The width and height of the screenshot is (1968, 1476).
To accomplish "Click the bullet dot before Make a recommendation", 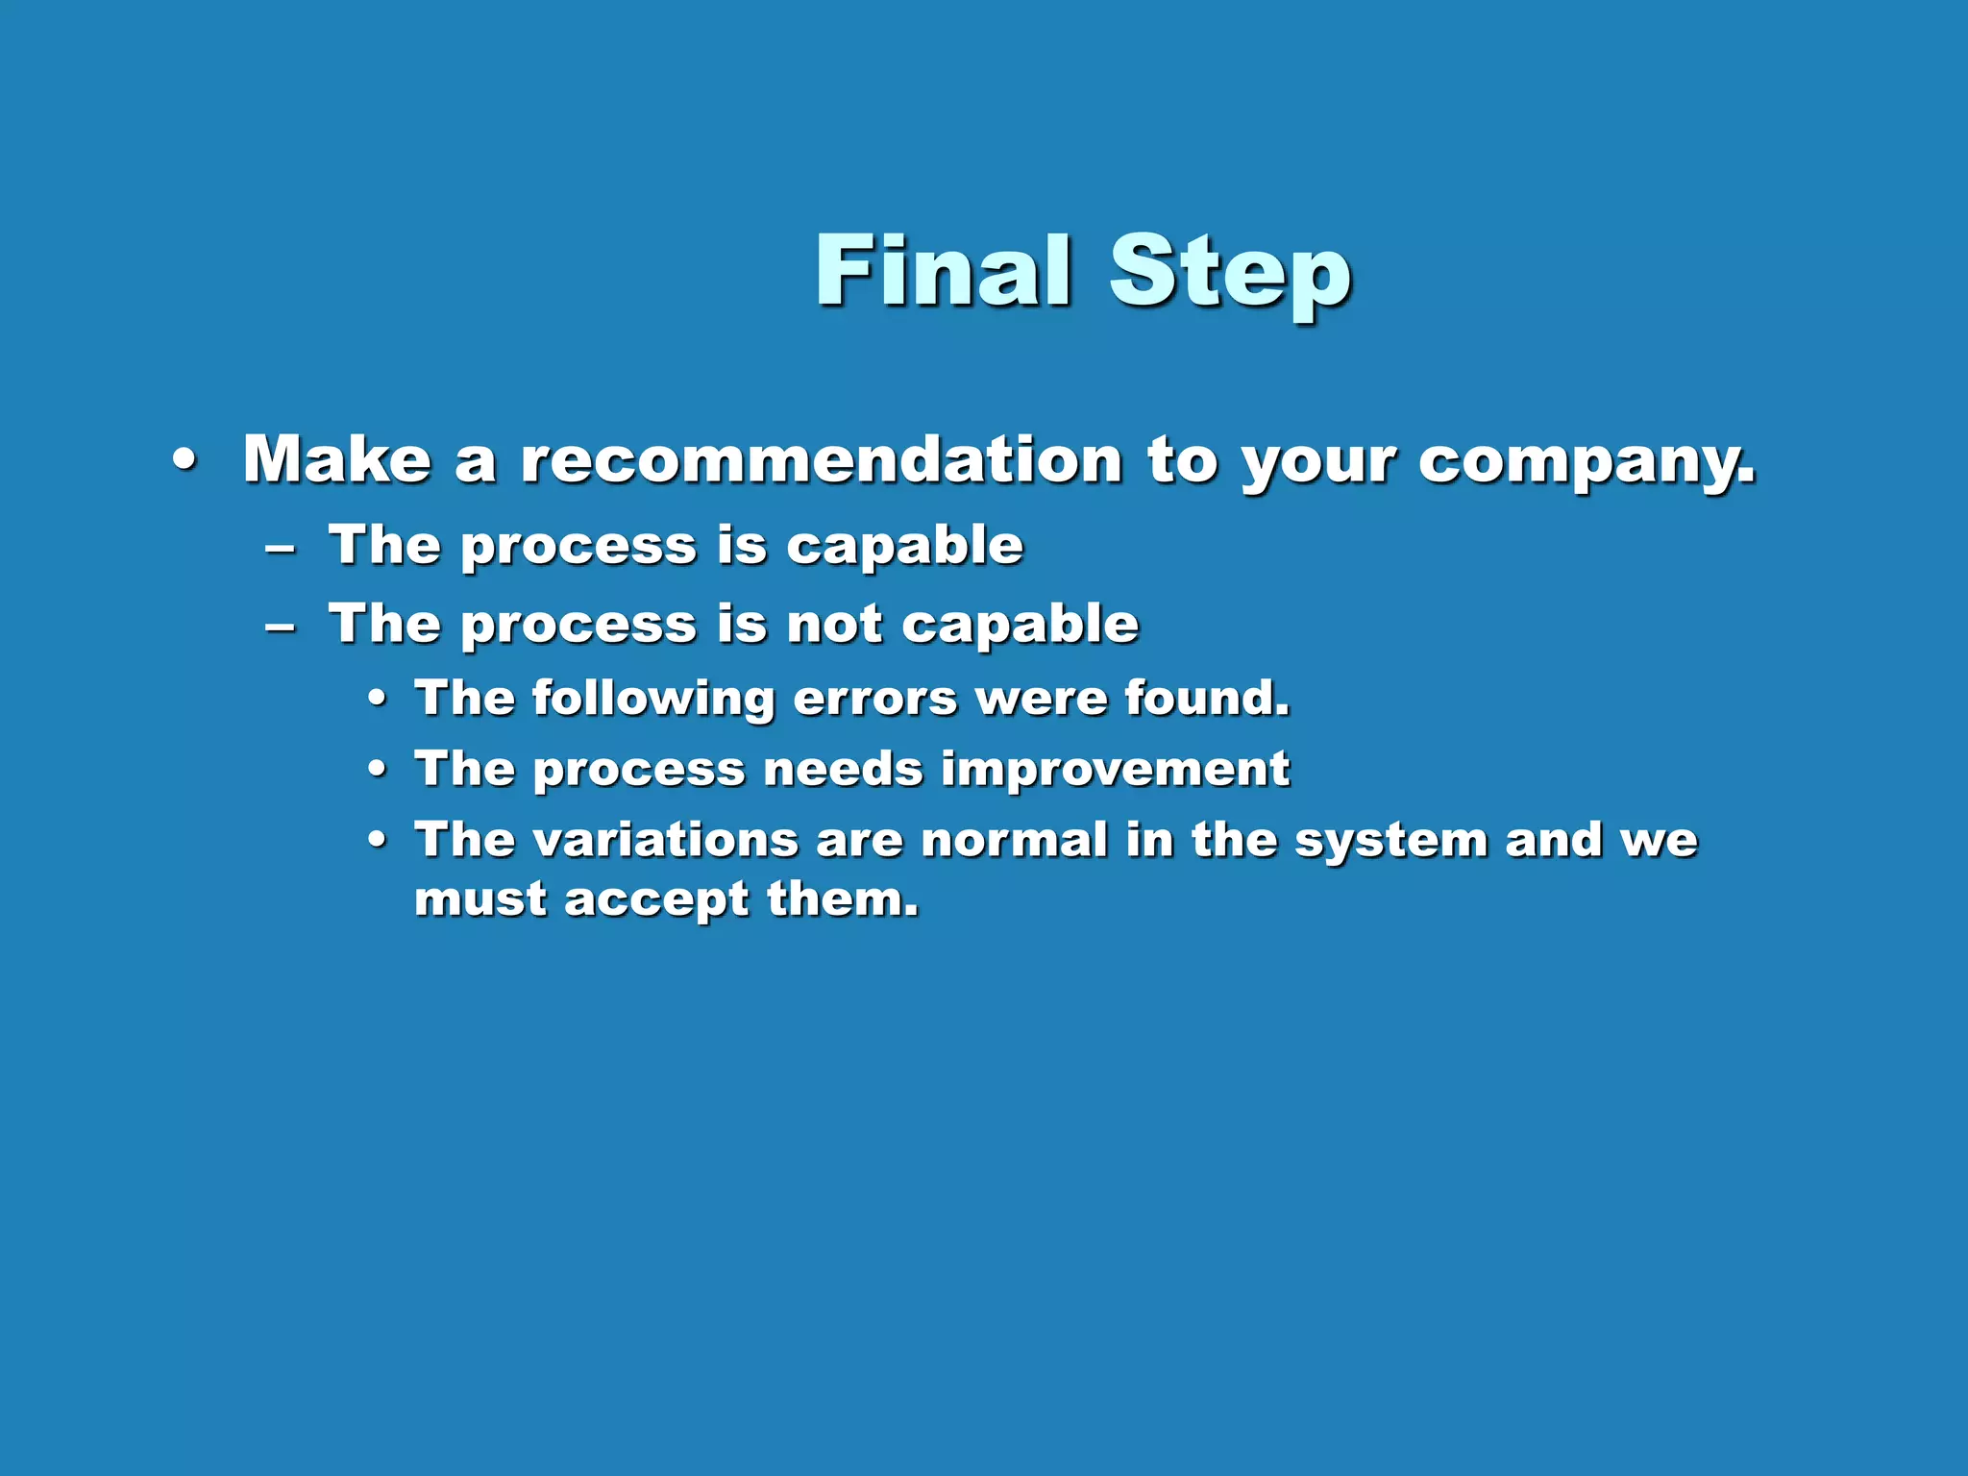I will click(184, 460).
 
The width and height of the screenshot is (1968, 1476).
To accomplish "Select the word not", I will click(833, 625).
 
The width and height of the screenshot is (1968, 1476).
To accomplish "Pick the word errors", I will click(875, 698).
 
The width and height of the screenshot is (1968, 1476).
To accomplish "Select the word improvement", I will click(1115, 769).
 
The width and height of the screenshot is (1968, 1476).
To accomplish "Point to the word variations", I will click(665, 840).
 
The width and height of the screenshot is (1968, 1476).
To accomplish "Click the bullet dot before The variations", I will click(378, 841).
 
